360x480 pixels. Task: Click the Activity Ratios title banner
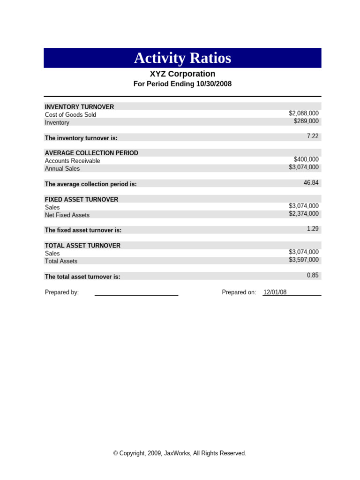click(x=182, y=58)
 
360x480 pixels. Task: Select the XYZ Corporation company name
click(x=182, y=74)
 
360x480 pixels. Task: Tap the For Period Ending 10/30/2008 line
click(x=182, y=84)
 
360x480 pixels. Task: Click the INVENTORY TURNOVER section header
click(x=79, y=107)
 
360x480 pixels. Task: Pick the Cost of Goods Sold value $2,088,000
click(x=304, y=113)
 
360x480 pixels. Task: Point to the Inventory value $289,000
click(x=306, y=121)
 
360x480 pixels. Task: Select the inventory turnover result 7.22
click(x=312, y=136)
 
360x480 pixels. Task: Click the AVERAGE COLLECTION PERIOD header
click(x=91, y=153)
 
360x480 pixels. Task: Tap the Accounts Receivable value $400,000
click(x=306, y=159)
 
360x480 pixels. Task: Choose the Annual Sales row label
click(x=62, y=169)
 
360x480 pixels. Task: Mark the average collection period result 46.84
click(x=311, y=182)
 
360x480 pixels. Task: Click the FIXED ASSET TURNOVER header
click(x=82, y=199)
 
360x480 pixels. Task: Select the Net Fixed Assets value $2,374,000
click(x=304, y=214)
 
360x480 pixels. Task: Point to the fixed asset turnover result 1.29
click(x=312, y=228)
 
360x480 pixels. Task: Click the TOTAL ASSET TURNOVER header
click(x=82, y=246)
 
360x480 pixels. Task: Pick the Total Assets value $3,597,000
click(x=304, y=260)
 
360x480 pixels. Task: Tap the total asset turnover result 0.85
click(x=312, y=275)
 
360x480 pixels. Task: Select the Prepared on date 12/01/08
click(x=275, y=292)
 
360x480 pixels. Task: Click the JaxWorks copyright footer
click(x=180, y=453)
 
